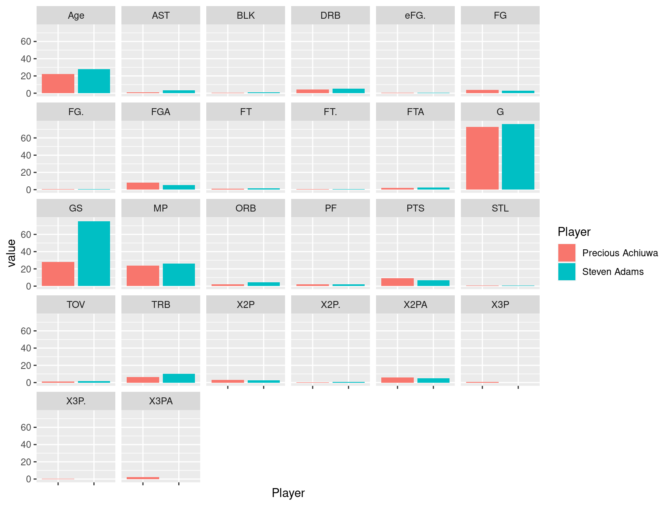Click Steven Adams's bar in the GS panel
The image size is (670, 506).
94,253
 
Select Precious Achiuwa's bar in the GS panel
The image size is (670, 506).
58,274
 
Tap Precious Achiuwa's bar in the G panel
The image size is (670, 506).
482,158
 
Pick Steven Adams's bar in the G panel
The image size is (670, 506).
518,157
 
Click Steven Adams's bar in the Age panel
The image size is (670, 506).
94,81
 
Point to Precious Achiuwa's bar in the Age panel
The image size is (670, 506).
58,84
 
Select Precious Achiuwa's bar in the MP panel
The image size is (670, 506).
143,276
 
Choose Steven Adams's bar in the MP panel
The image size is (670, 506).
179,275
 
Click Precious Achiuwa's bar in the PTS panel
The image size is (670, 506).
397,282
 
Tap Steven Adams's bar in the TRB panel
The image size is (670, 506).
179,378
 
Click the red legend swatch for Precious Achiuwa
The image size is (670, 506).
566,253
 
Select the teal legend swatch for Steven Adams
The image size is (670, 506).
566,272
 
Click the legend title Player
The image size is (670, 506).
574,232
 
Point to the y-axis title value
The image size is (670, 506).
11,253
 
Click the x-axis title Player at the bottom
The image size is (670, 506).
288,493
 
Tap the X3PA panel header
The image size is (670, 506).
161,401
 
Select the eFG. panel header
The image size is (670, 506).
415,15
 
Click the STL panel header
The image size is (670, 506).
500,208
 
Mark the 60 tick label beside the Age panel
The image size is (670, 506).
26,41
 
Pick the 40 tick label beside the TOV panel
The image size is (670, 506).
26,348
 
